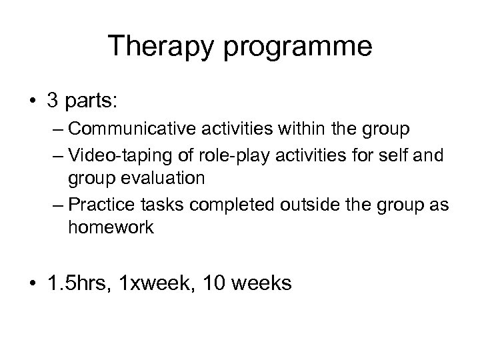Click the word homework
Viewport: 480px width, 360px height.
[x=111, y=227]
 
